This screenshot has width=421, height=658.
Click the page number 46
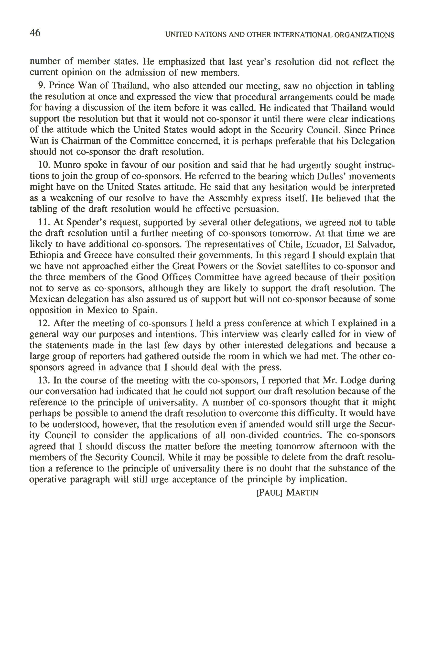[x=35, y=33]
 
